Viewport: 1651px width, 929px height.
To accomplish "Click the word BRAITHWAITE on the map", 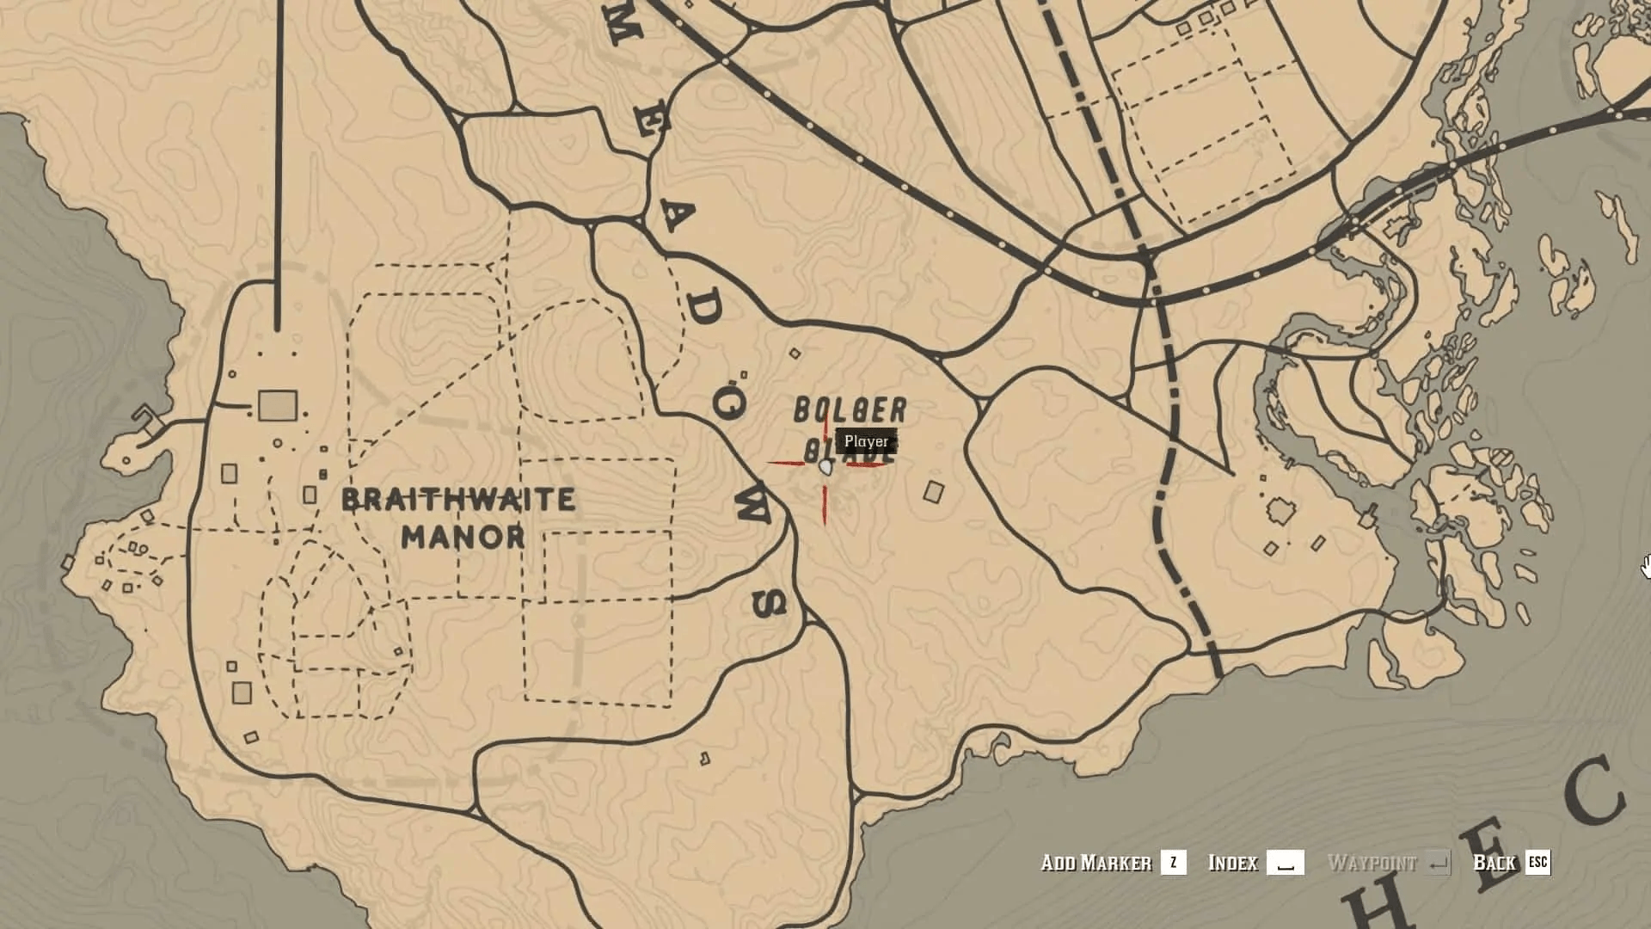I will click(458, 500).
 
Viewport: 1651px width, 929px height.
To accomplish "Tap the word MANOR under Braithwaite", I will click(463, 538).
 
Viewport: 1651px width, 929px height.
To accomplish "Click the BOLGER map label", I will click(850, 411).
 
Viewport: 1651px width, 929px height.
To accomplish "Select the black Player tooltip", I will click(866, 441).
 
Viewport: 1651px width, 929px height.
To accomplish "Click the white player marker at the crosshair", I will click(825, 467).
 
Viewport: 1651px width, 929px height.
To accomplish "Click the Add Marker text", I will click(1096, 863).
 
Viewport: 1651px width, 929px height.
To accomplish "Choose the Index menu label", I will click(1232, 863).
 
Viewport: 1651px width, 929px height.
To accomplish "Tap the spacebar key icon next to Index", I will click(1286, 863).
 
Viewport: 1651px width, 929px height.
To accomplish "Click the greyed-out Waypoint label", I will click(1372, 863).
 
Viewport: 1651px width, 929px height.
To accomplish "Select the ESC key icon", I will click(1537, 863).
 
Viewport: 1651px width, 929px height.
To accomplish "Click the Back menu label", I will click(1494, 863).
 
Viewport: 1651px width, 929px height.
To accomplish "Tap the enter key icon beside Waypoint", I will click(1438, 863).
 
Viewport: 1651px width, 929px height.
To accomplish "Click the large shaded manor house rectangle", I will click(278, 406).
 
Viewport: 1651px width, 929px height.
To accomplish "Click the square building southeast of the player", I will click(933, 492).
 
